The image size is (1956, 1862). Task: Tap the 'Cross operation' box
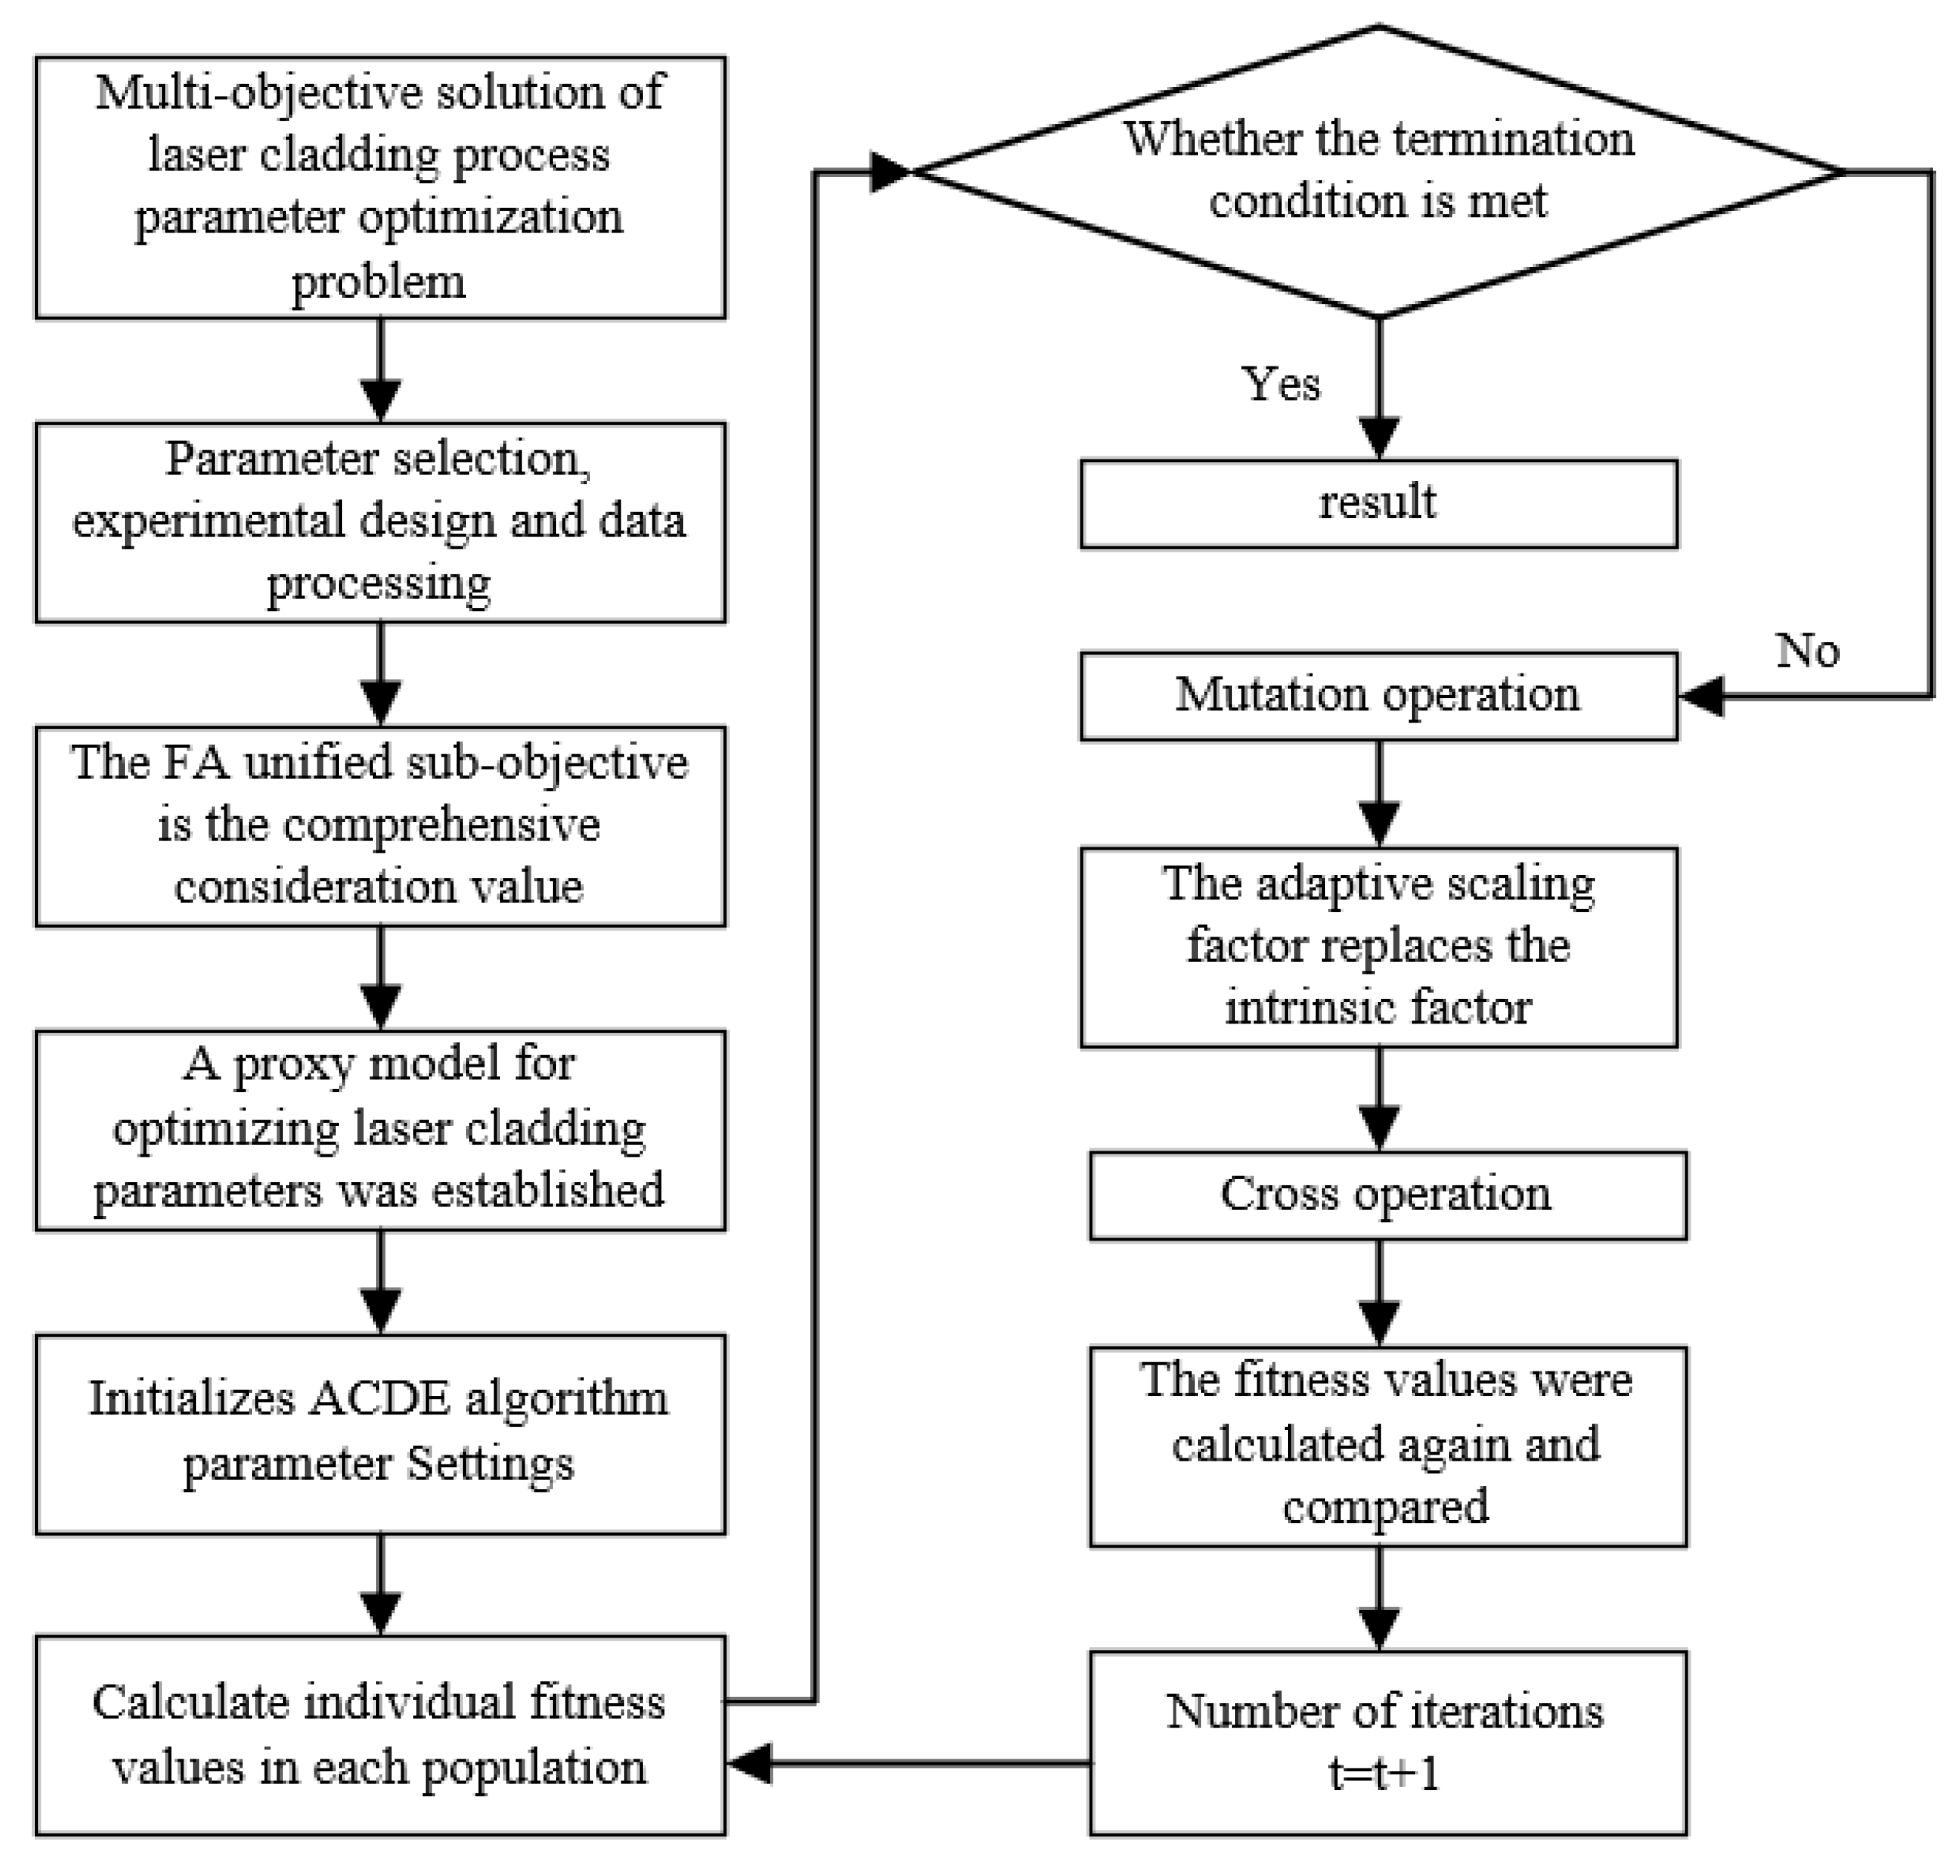tap(1387, 1194)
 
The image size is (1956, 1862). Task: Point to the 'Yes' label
tap(1281, 384)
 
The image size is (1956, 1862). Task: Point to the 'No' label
tap(1807, 651)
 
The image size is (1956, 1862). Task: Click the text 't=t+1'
tap(1385, 1773)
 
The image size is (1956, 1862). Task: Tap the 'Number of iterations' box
tap(1387, 1742)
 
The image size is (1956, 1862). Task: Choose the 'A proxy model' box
tap(380, 1130)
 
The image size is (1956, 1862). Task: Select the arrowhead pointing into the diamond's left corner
tap(888, 172)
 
